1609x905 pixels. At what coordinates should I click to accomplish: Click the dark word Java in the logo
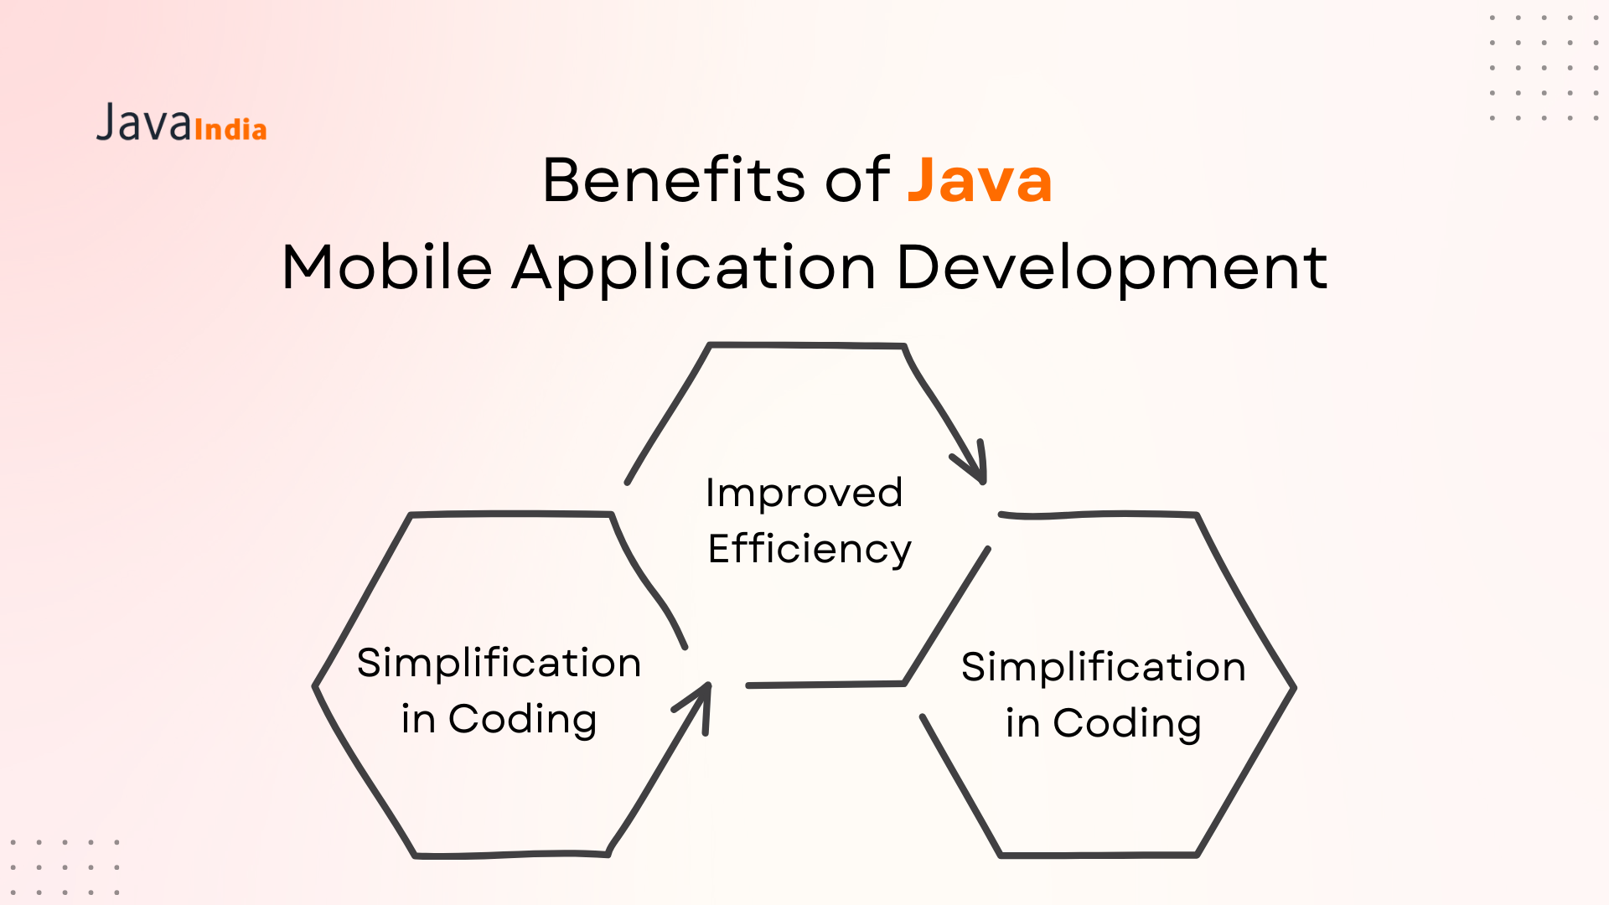144,122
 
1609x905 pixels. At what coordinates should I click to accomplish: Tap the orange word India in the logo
230,129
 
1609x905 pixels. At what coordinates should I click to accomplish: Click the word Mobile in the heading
387,267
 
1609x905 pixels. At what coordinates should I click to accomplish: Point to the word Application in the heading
695,269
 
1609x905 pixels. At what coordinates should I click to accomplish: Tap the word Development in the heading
1112,269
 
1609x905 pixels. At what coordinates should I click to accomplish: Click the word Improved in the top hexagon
804,494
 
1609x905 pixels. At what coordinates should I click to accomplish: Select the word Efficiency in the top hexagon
810,550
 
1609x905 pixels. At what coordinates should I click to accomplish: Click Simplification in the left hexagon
499,662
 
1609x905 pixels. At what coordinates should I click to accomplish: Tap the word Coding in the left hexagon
523,720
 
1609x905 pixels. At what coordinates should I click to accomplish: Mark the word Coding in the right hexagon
1127,724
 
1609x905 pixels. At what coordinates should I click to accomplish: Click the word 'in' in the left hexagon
418,719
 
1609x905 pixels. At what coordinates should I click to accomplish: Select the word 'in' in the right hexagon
1022,723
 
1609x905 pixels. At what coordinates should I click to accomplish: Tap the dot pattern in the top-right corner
1544,67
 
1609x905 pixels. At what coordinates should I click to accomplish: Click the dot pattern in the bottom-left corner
65,867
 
